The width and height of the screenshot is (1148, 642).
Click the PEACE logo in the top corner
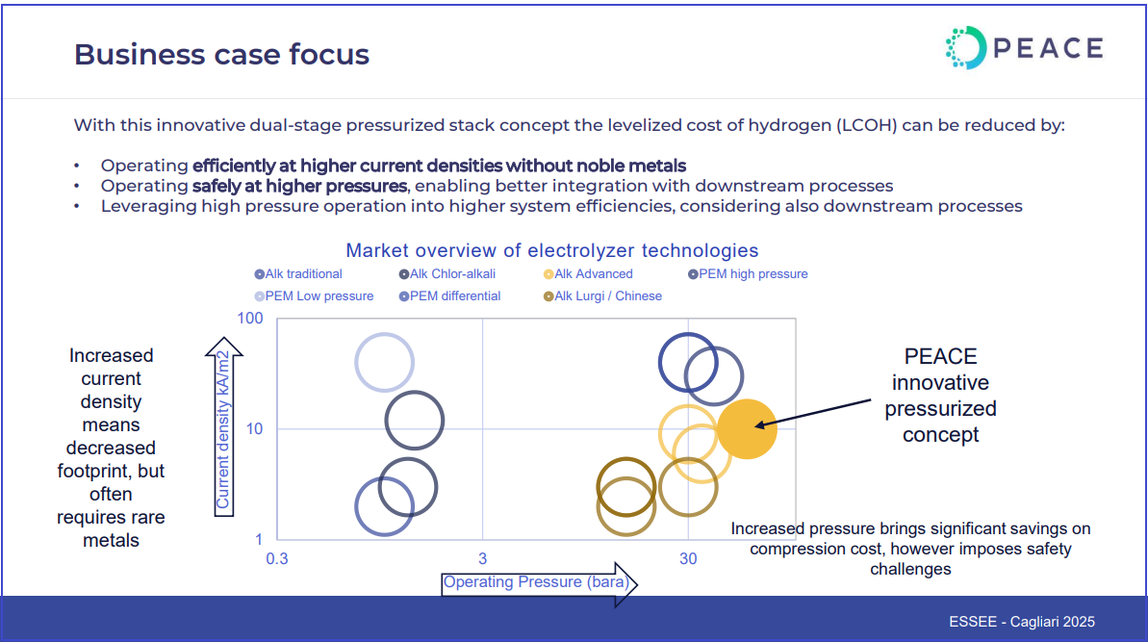1024,48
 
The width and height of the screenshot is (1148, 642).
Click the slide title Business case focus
222,55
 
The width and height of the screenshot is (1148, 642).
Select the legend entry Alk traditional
298,273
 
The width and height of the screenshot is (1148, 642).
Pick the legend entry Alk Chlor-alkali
446,273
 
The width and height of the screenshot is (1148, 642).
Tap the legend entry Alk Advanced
588,273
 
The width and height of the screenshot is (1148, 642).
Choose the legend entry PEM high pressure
748,273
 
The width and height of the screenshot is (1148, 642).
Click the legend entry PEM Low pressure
314,295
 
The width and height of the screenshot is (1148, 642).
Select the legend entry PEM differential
449,295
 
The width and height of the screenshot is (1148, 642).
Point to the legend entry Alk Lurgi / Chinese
601,295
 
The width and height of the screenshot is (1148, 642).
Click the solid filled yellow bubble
747,429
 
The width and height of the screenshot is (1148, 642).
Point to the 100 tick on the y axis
249,319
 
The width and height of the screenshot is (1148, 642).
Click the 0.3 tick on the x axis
277,559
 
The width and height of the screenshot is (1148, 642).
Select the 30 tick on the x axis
688,559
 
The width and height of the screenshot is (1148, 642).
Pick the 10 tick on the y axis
254,429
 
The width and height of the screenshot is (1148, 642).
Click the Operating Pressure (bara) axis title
536,582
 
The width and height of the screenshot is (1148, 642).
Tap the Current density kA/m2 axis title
222,430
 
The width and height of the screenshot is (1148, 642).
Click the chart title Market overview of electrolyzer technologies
552,250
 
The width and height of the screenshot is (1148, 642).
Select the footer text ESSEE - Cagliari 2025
1022,622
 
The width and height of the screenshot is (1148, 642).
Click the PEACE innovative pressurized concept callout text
941,396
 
